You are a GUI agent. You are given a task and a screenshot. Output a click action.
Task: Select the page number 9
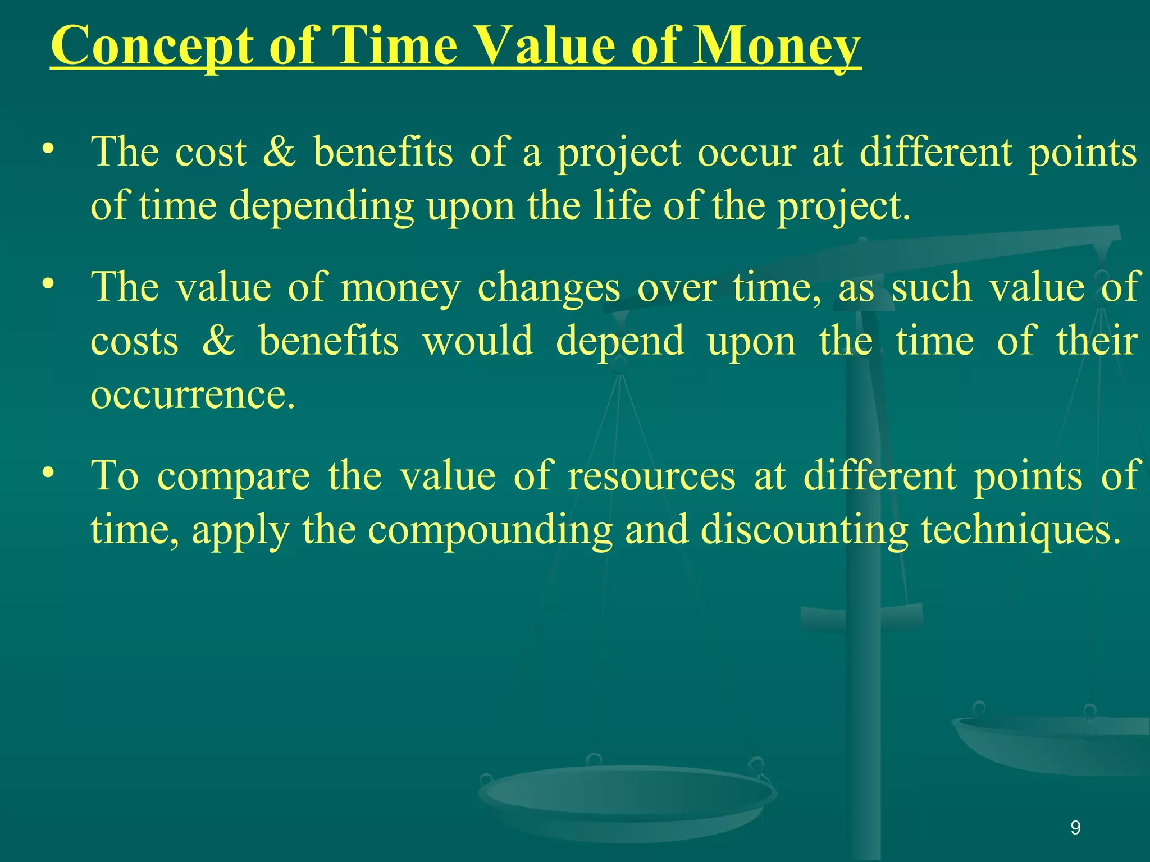coord(1075,828)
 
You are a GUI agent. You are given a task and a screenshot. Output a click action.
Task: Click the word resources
coord(651,476)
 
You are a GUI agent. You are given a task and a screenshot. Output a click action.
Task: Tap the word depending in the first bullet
coord(321,206)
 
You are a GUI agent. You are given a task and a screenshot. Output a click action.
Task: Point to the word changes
coord(549,287)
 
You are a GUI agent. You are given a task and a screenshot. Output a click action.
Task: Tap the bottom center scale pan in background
coord(626,797)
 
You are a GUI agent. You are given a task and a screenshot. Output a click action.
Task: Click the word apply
coord(240,530)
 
